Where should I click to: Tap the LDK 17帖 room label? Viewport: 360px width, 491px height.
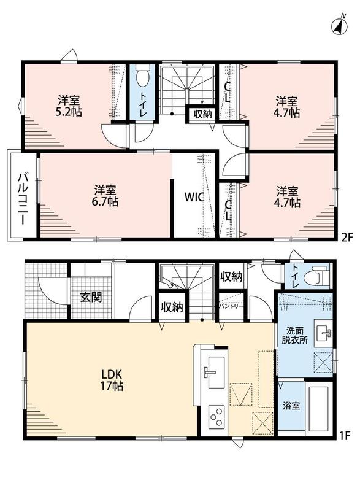[112, 379]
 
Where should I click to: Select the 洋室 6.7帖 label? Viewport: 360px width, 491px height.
[105, 196]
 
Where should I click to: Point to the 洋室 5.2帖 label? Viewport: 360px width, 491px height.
[69, 106]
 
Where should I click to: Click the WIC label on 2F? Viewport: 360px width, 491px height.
[194, 197]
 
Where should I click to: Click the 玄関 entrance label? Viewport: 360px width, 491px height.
[91, 297]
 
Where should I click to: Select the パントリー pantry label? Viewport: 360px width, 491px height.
[231, 306]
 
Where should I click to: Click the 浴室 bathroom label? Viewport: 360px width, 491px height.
[291, 406]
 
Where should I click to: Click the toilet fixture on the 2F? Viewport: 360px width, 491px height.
[142, 75]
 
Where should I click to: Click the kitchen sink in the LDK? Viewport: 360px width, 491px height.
[214, 373]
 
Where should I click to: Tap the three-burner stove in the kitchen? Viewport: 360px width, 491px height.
[216, 417]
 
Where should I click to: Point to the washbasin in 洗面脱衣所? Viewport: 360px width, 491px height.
[323, 333]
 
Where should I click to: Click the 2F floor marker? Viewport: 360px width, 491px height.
[347, 237]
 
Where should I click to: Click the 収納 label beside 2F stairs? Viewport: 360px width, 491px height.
[202, 114]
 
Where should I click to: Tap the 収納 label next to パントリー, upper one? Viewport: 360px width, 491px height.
[231, 277]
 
